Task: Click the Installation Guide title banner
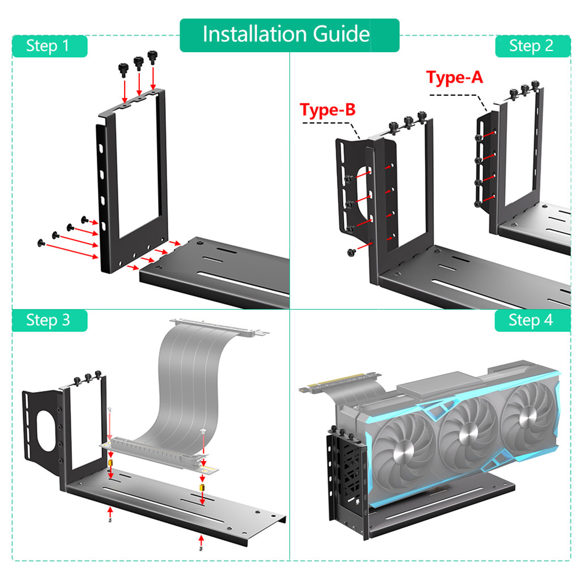point(289,35)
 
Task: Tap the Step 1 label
point(49,46)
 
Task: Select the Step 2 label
point(531,46)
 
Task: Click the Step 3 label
point(49,321)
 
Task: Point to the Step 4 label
point(531,321)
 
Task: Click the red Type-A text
point(454,78)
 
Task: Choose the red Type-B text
point(327,110)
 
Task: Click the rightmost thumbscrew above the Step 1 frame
point(152,57)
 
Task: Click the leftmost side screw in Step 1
point(40,242)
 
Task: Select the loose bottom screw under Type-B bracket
point(350,251)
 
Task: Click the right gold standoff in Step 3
point(202,487)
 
